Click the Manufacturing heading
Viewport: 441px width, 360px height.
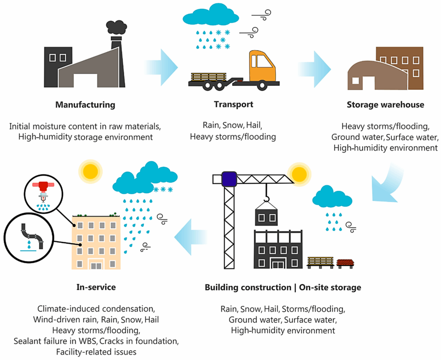85,105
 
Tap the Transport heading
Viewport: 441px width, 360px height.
233,104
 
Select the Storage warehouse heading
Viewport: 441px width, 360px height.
385,105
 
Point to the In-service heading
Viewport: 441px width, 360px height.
96,287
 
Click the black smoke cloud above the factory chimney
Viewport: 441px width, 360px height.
116,28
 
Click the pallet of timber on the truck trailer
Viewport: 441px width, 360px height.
208,77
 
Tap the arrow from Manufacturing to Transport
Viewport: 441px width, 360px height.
162,67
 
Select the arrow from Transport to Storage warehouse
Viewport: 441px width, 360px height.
314,69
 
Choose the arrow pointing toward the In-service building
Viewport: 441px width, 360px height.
191,237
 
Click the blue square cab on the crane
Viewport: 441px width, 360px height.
229,179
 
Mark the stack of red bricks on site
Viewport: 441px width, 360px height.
345,263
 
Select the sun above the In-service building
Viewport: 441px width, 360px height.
90,171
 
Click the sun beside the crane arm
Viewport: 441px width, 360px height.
299,174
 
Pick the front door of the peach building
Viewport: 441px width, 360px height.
96,265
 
